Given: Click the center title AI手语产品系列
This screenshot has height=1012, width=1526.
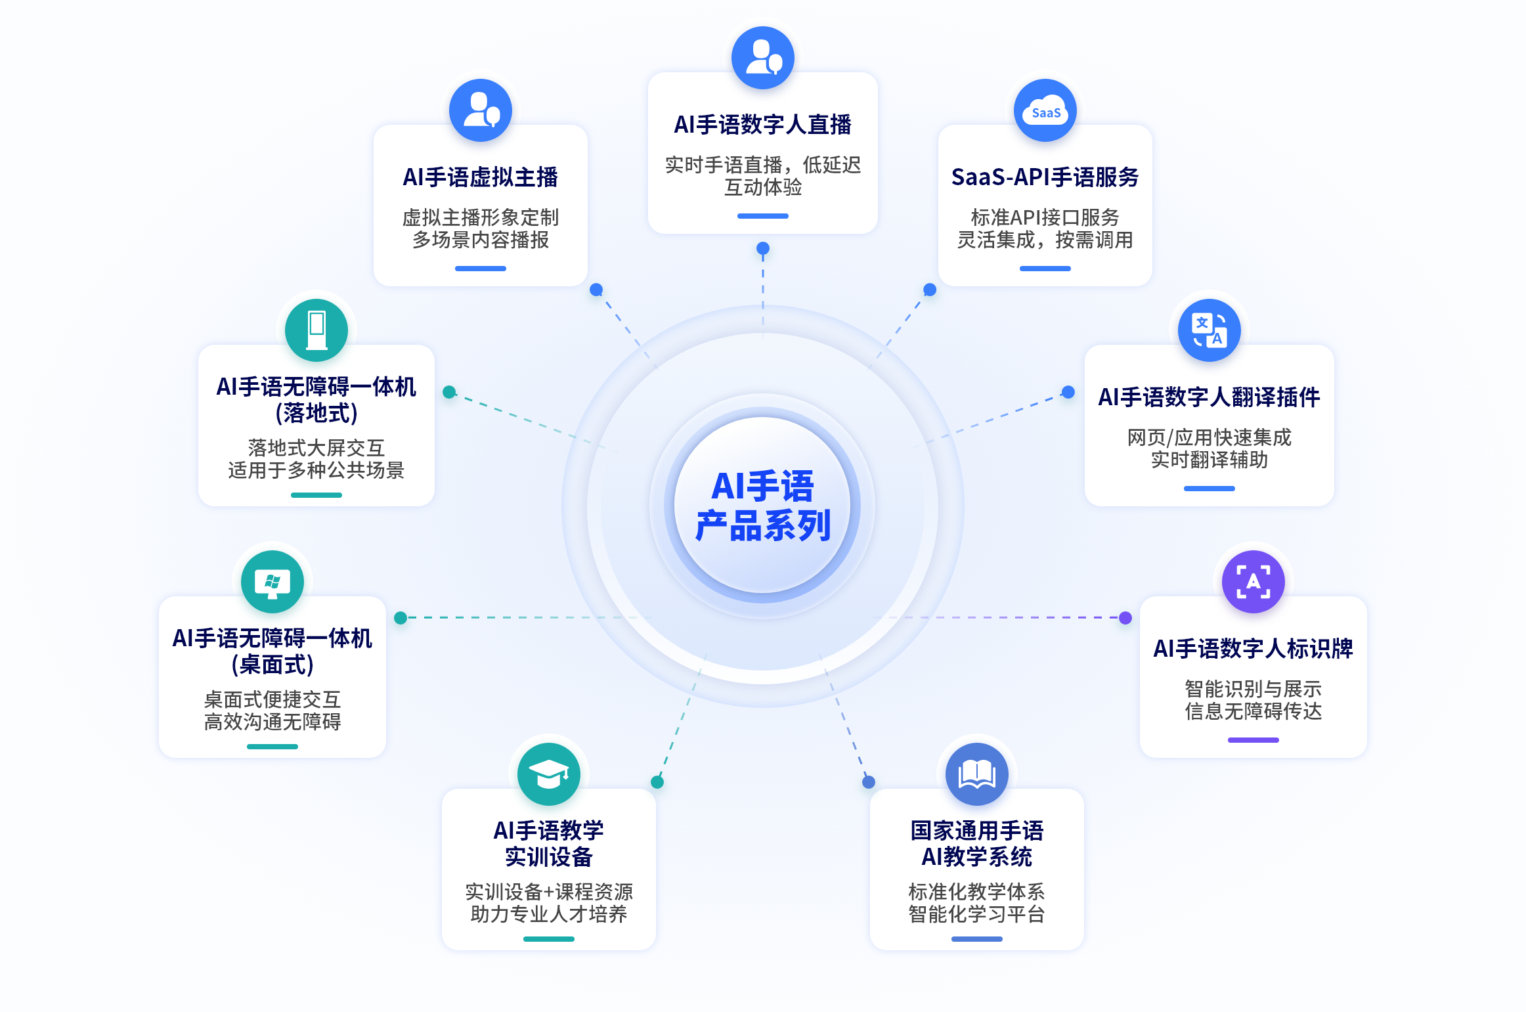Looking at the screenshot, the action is [763, 506].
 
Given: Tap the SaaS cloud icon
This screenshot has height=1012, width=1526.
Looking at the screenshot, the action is [1045, 110].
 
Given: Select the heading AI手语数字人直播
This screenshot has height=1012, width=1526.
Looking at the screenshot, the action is [763, 125].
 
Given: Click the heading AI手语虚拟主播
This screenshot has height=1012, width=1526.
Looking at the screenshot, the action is [481, 177].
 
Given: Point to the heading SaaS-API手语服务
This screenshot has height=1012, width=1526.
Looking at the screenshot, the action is [1045, 177].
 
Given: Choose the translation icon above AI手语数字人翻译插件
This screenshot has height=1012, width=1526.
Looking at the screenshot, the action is [1210, 330].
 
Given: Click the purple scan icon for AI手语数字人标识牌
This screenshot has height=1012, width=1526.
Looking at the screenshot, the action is [1253, 582].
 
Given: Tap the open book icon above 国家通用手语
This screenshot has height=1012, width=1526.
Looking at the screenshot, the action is [977, 774].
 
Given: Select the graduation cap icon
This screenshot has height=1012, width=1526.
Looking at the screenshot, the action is [549, 774].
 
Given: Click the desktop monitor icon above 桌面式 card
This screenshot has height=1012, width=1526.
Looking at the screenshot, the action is [272, 582].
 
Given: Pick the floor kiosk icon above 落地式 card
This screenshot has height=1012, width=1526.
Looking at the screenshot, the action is [316, 330].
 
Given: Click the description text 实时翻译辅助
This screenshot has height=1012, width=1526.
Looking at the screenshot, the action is [1210, 460].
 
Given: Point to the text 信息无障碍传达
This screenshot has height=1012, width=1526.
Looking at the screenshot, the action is [1253, 711].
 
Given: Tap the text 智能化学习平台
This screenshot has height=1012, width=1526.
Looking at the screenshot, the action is [977, 914].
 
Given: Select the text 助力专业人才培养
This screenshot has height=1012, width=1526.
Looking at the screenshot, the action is [549, 914].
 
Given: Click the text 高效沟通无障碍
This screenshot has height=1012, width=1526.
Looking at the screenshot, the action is [272, 722].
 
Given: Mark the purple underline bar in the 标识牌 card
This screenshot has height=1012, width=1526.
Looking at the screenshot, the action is [1253, 740].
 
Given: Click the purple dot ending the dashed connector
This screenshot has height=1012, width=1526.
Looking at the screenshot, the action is [1125, 617].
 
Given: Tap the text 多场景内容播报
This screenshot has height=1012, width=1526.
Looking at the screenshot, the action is [481, 240].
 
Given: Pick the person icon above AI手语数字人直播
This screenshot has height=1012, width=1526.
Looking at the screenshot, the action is [763, 58].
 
